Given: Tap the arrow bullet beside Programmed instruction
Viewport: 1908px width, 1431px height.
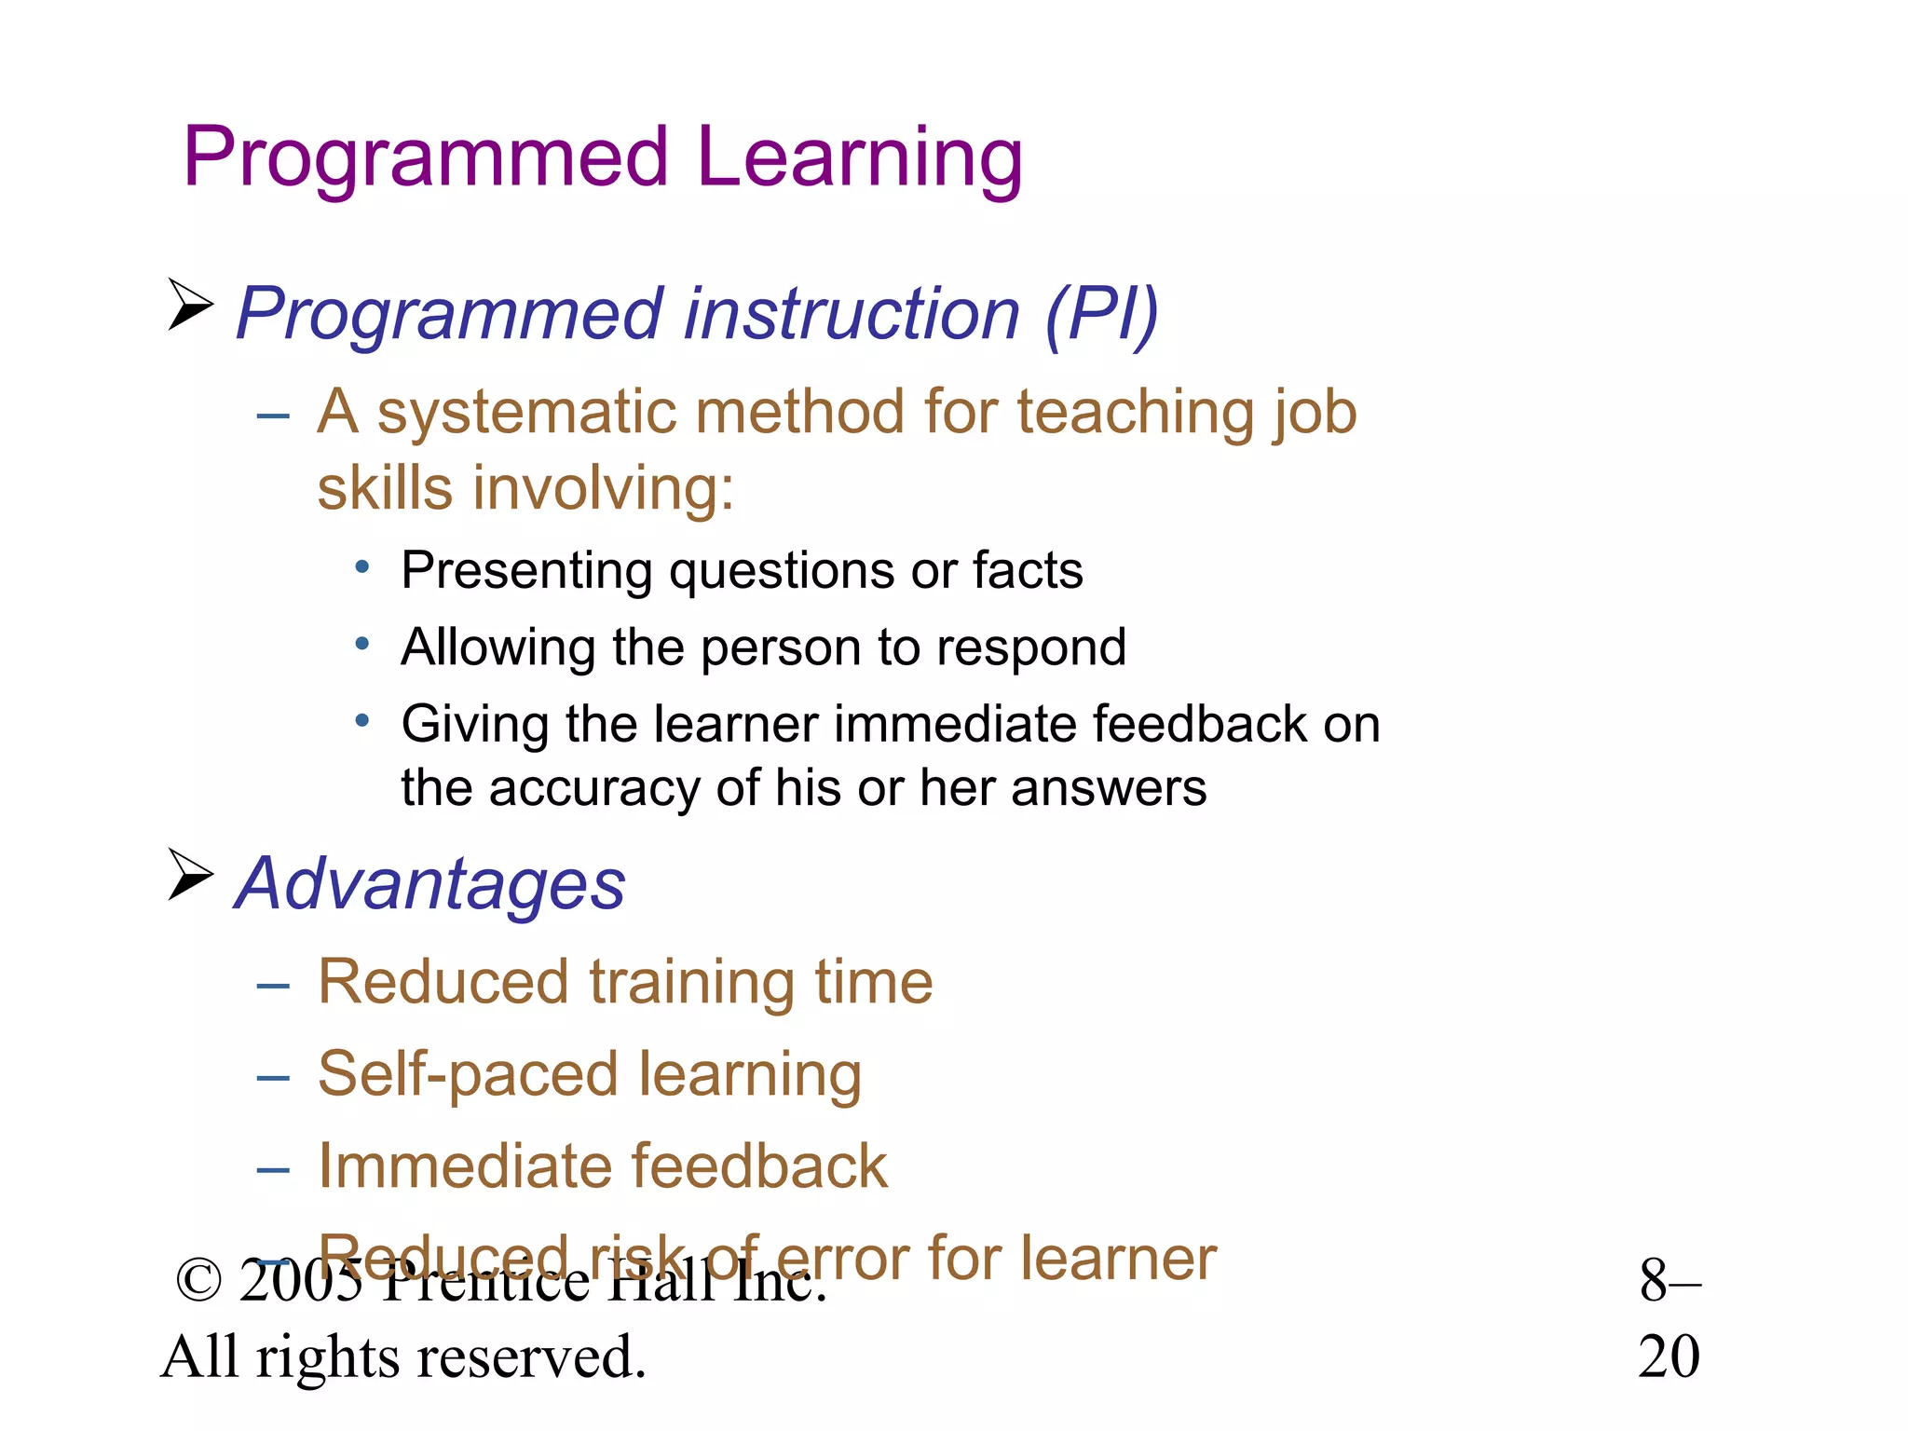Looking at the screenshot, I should tap(190, 304).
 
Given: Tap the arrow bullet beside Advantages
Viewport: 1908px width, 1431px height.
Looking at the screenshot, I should tap(190, 875).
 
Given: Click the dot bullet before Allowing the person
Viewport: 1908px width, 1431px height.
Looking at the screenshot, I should tap(362, 643).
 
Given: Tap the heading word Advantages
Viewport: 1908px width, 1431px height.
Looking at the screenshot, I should tap(430, 884).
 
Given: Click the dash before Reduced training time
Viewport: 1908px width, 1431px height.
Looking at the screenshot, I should tap(273, 985).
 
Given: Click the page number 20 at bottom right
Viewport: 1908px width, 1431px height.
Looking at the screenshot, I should tap(1669, 1357).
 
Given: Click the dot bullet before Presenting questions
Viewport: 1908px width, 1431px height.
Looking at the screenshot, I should tap(362, 566).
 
